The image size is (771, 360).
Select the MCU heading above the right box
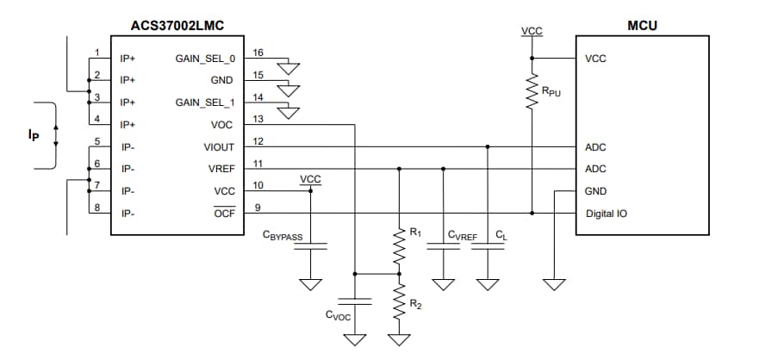point(642,26)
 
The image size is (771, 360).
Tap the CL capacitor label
point(501,234)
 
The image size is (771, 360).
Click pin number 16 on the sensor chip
point(258,53)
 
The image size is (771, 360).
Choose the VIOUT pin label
point(218,147)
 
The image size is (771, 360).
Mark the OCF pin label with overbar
point(223,213)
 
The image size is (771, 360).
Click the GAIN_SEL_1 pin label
point(204,102)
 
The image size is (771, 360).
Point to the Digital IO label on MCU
point(606,213)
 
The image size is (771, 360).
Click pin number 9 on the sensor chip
point(258,206)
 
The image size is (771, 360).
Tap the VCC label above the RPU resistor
point(532,32)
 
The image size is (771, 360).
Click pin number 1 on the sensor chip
point(97,53)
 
